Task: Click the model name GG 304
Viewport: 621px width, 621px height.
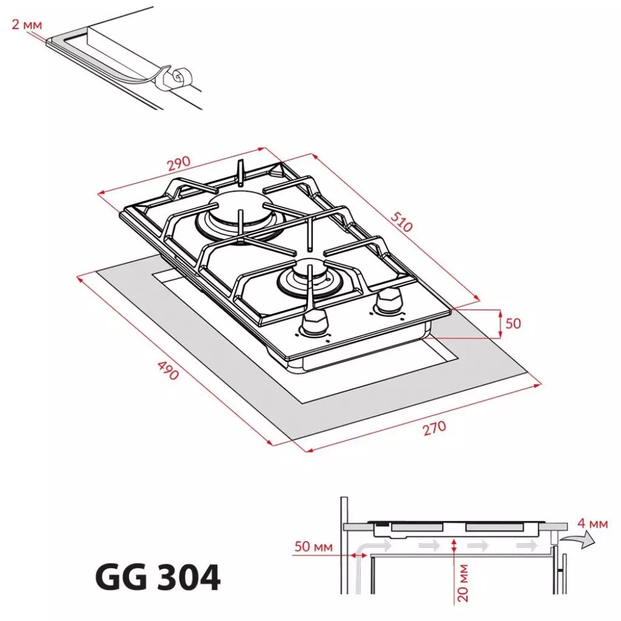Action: pos(158,578)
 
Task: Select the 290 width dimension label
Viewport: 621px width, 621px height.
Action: pos(179,164)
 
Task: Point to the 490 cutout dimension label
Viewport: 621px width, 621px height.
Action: pos(168,371)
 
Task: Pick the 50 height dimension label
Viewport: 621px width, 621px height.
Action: pos(513,323)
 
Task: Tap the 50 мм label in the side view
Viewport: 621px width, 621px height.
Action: pos(314,547)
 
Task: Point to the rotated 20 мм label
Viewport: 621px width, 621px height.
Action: pos(463,582)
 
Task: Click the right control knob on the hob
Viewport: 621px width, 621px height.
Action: pos(388,300)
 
